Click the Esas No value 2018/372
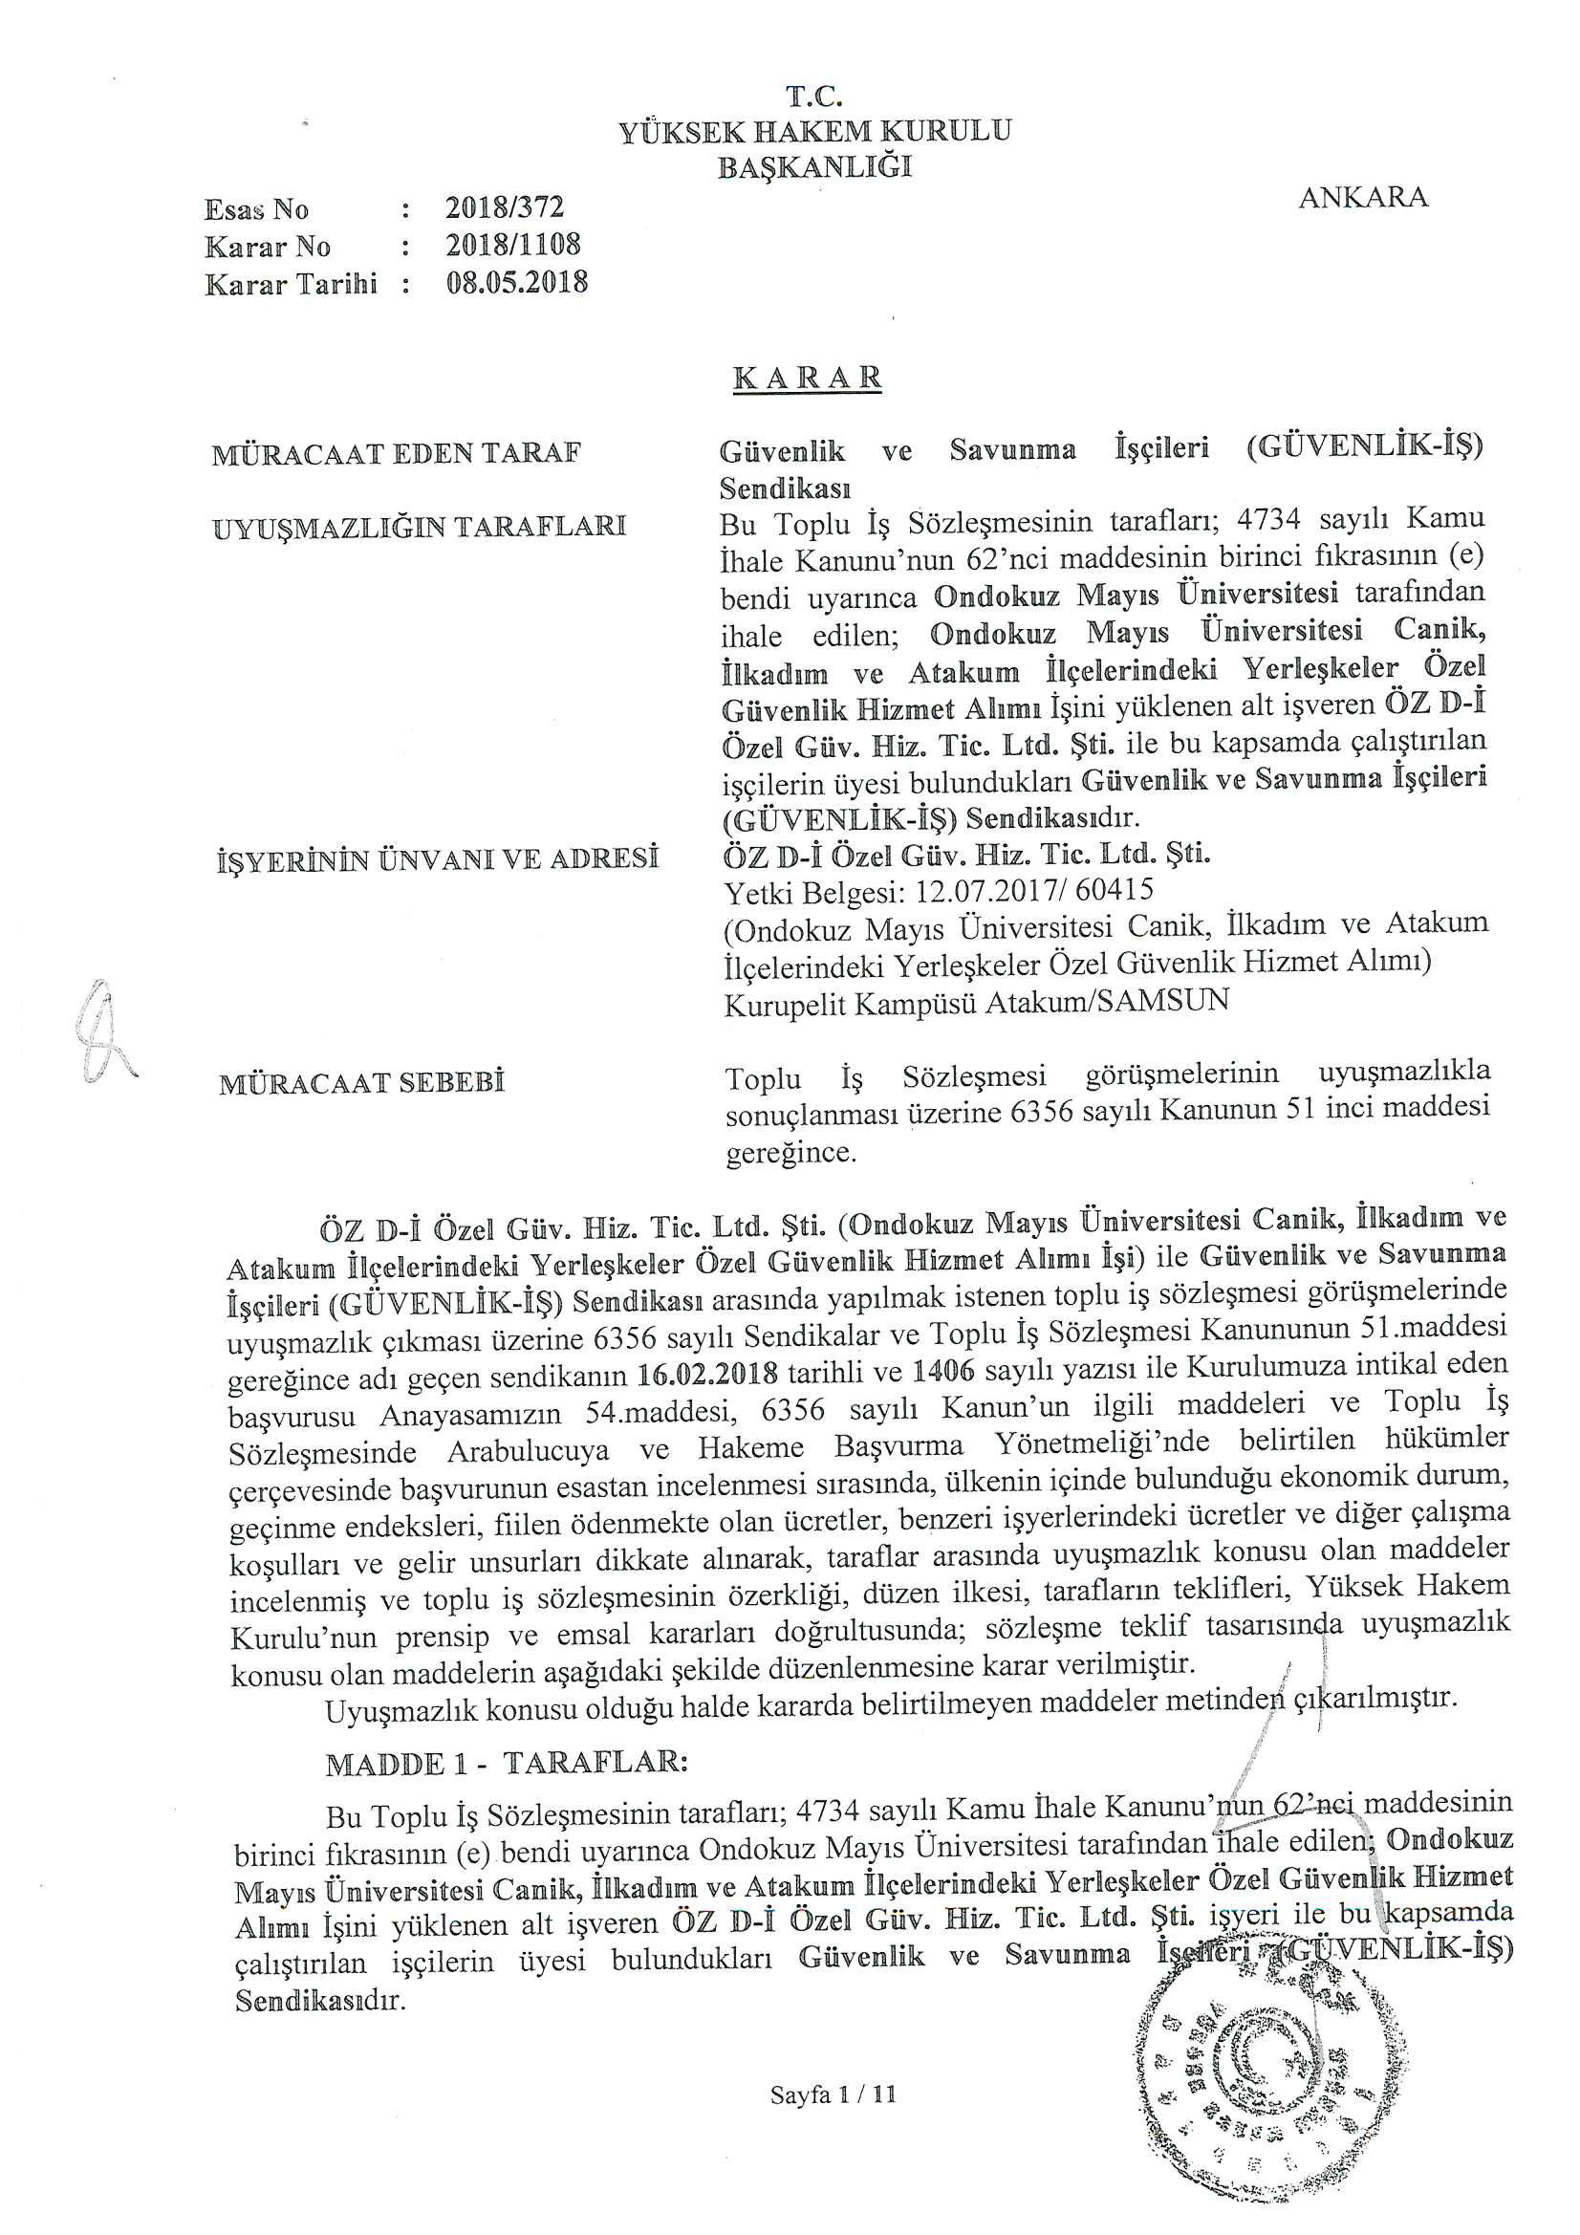click(505, 207)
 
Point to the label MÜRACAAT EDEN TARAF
click(396, 454)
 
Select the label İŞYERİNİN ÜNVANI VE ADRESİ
click(436, 858)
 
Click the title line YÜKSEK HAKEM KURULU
click(814, 131)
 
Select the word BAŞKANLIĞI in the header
click(814, 167)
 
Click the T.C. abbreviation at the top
click(813, 97)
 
